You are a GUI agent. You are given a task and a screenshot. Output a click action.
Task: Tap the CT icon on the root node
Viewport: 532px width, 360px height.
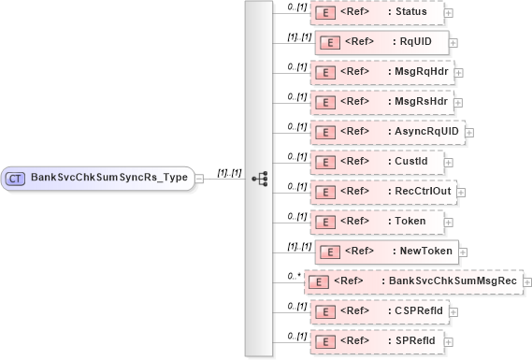tap(16, 178)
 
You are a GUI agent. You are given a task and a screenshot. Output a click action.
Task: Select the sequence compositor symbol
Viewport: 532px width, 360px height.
tap(260, 178)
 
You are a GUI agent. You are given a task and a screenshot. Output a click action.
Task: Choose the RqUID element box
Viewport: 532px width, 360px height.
tap(381, 42)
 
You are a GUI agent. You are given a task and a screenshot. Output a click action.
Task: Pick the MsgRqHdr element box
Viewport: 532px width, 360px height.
tap(381, 72)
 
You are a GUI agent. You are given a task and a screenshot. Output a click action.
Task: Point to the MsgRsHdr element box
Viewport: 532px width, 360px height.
tap(381, 101)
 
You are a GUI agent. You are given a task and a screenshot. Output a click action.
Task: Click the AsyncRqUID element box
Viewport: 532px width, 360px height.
tap(386, 131)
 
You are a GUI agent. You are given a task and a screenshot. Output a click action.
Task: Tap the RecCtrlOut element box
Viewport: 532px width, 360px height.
tap(383, 191)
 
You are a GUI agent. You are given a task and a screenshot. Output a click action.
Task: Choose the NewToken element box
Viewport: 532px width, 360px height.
tap(384, 251)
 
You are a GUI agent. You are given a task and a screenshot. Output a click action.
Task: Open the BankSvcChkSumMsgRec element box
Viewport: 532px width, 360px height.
tap(414, 281)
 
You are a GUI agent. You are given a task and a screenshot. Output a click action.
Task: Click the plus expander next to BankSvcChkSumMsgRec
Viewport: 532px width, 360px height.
tap(528, 281)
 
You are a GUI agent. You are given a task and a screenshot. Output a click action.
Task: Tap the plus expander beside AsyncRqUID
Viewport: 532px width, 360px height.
tap(469, 132)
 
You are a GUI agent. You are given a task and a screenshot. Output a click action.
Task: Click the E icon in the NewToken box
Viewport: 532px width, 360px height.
tap(329, 252)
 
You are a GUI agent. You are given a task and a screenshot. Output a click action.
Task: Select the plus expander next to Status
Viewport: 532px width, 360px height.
tap(449, 13)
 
